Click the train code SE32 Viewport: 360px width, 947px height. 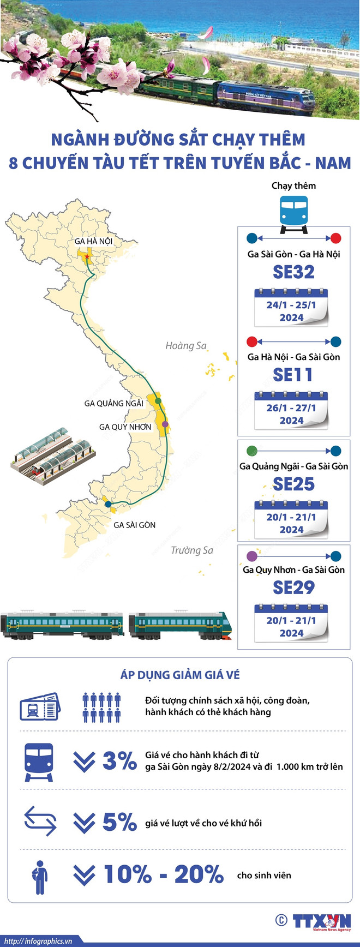[293, 272]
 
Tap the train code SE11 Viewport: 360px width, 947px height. [293, 375]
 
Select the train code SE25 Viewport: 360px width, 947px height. [293, 484]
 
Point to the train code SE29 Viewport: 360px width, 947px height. [293, 588]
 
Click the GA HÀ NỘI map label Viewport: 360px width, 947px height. [93, 241]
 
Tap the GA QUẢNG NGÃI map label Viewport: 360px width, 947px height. [113, 403]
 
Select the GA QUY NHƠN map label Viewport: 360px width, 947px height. [125, 427]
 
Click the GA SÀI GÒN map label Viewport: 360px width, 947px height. [134, 525]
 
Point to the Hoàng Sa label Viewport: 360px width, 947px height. [186, 345]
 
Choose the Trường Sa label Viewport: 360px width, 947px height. [192, 550]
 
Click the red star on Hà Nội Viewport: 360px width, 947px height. [87, 256]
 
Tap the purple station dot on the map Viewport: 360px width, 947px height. [165, 424]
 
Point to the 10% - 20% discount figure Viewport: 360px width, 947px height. [163, 875]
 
